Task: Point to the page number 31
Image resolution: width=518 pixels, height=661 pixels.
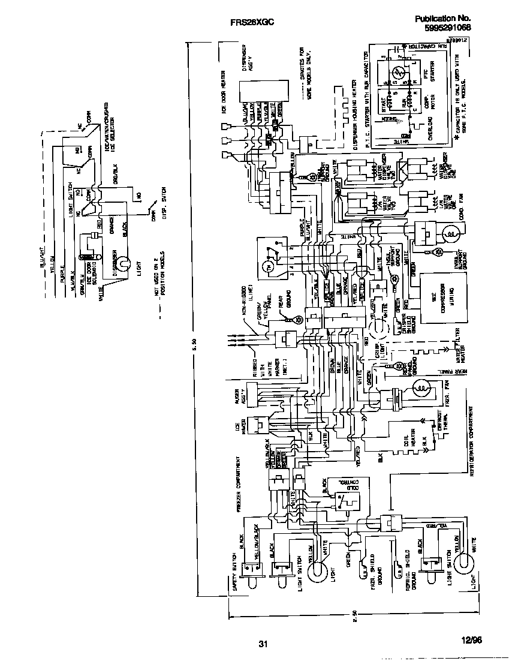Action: [263, 644]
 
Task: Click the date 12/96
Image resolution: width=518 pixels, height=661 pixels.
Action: [471, 640]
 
